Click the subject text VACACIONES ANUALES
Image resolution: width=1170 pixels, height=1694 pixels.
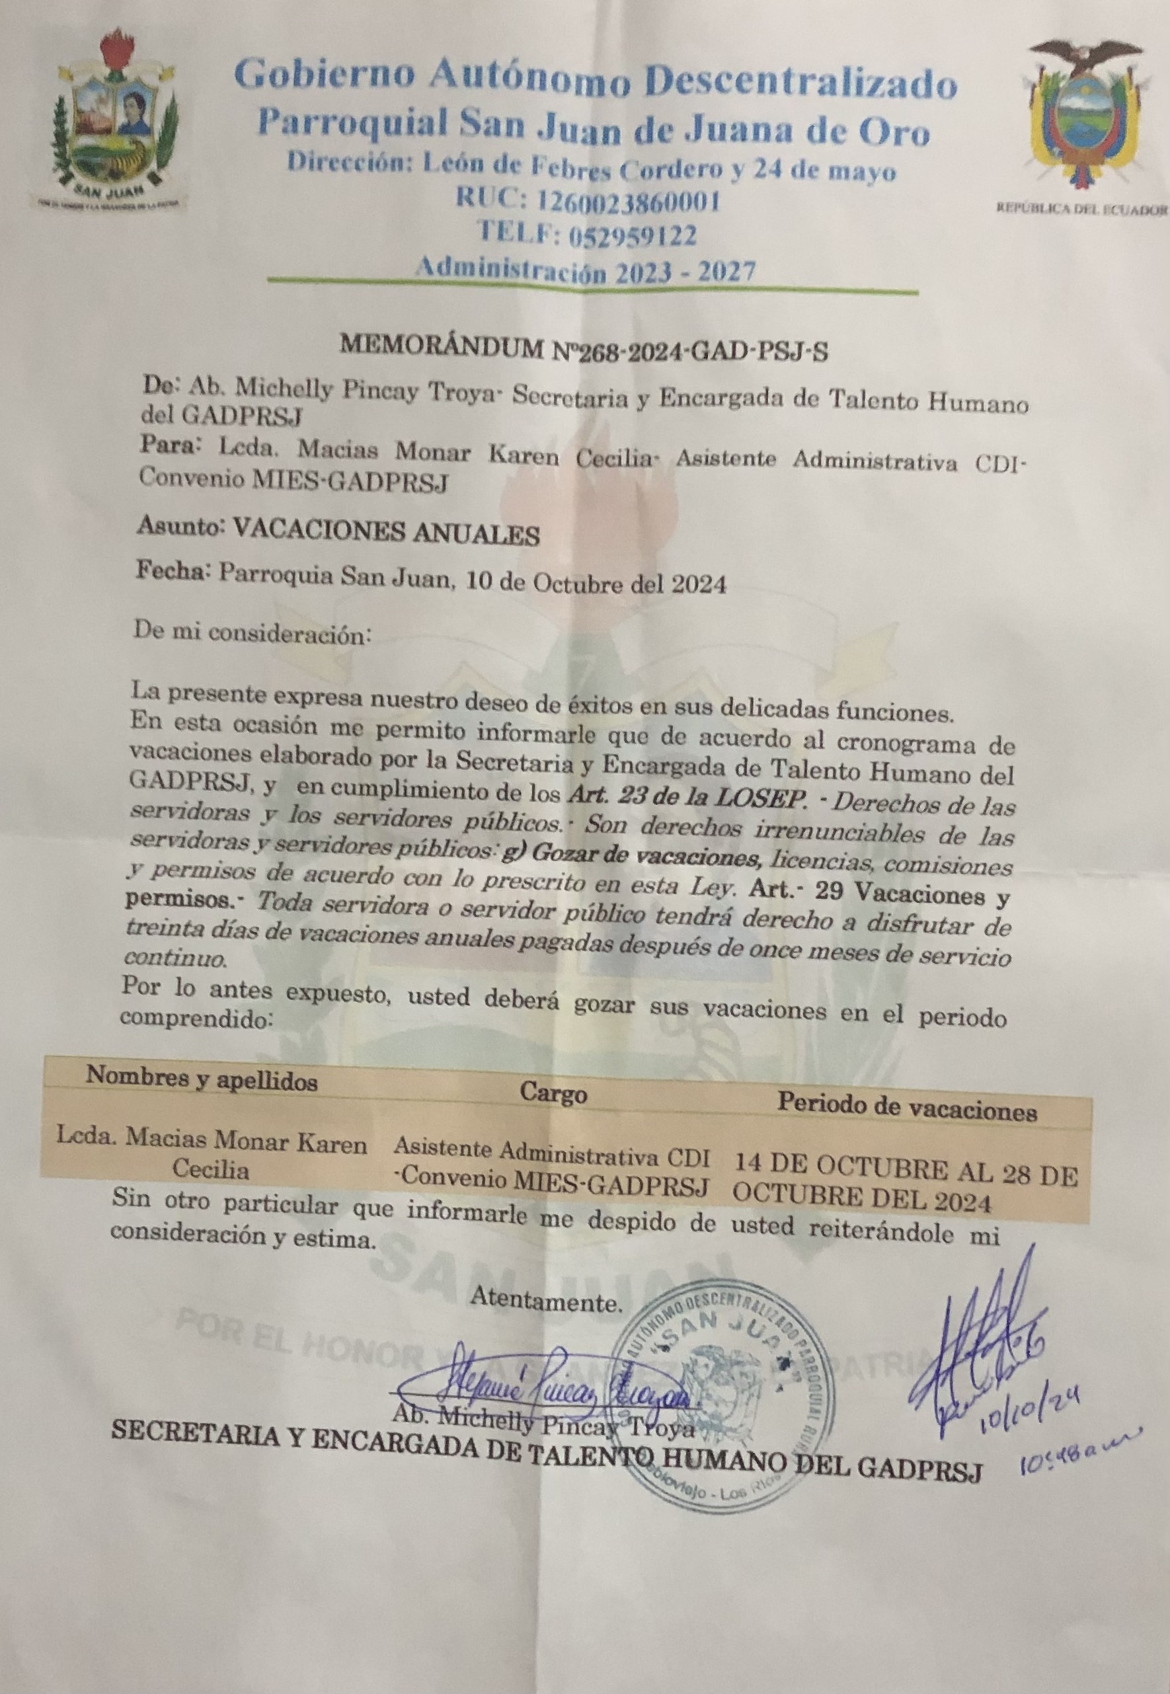(x=385, y=534)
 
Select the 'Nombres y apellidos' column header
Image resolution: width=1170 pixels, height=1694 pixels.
(x=202, y=1078)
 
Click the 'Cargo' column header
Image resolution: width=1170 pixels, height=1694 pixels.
(x=553, y=1094)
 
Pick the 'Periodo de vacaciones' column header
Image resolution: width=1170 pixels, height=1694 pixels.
(x=907, y=1109)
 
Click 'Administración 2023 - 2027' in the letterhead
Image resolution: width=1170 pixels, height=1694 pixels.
(x=584, y=271)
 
